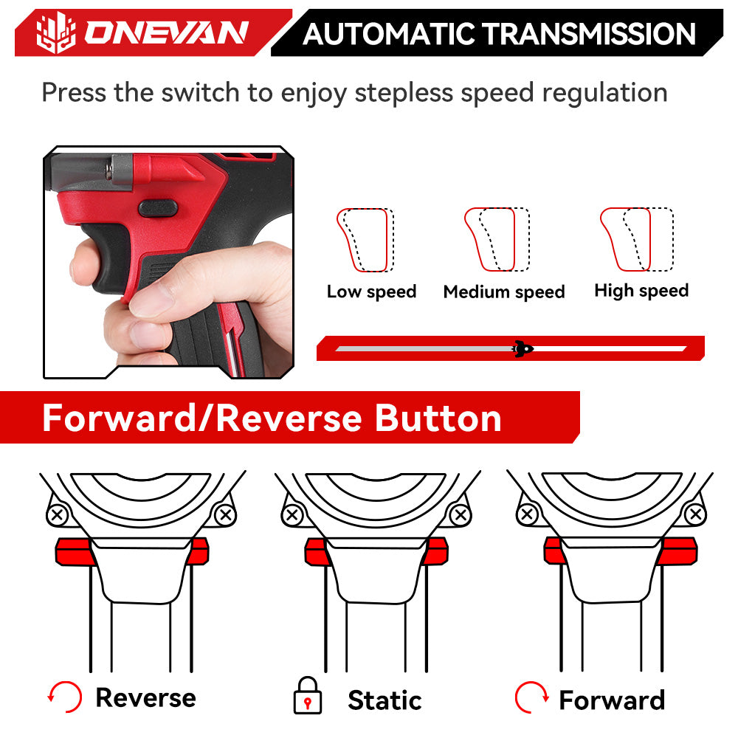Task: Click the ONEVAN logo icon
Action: (56, 32)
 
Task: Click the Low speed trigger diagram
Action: (365, 240)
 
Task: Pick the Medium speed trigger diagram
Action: (497, 240)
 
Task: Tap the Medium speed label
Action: (504, 292)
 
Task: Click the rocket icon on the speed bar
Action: (523, 348)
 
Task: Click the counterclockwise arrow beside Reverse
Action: (63, 695)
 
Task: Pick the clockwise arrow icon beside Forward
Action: (531, 696)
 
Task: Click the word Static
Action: (384, 700)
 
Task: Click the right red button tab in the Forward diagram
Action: (677, 551)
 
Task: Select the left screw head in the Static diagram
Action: (292, 514)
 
